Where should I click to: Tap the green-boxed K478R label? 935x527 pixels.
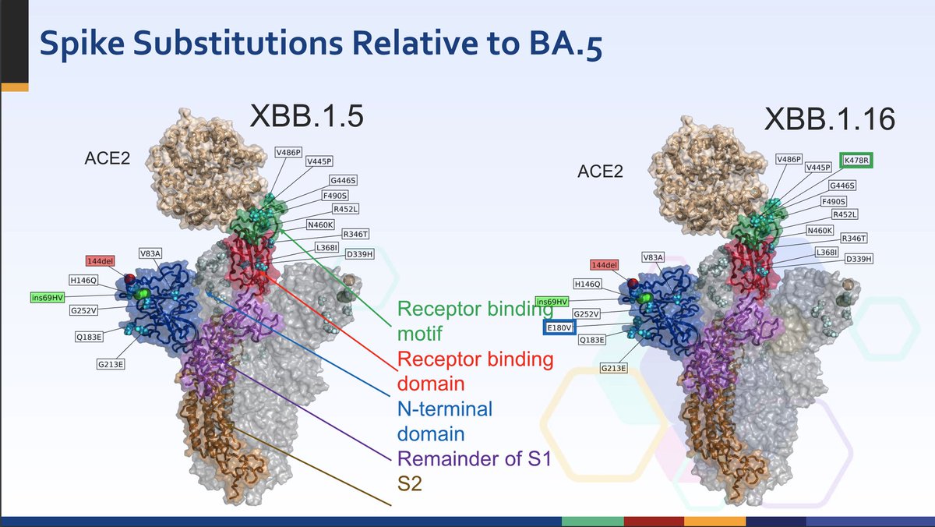click(x=856, y=161)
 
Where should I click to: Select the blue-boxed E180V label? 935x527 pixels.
click(x=559, y=327)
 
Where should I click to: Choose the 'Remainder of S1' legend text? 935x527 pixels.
click(x=474, y=460)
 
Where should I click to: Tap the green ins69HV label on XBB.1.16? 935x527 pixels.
click(x=551, y=302)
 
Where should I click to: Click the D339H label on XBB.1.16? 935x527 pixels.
click(x=858, y=259)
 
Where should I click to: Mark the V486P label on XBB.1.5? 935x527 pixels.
click(x=288, y=152)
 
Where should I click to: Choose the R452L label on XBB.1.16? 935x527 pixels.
click(x=845, y=214)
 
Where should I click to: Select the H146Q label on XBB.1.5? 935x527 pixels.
click(x=83, y=279)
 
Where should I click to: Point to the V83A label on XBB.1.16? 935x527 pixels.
click(x=654, y=256)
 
